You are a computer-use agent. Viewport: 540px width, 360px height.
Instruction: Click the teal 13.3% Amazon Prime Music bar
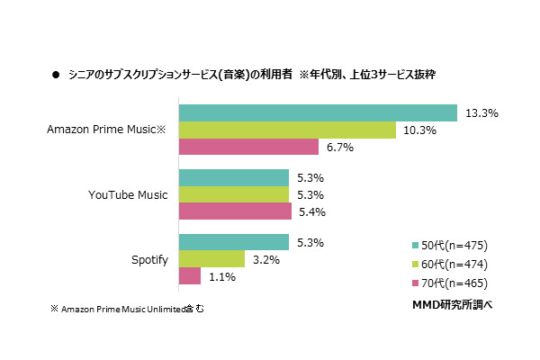tap(318, 112)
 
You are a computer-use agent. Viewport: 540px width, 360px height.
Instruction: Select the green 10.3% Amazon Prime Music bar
tap(287, 130)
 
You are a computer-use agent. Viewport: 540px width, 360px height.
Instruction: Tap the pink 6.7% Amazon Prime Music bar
tap(248, 147)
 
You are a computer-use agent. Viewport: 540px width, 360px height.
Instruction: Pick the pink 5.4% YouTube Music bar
tap(235, 211)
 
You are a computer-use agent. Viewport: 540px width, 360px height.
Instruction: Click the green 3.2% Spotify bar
tap(211, 259)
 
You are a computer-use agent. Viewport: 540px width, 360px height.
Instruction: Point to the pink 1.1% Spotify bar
tap(190, 276)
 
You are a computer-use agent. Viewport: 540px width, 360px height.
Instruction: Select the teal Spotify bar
tap(234, 242)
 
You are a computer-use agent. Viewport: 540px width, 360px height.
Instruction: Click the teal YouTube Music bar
tap(234, 177)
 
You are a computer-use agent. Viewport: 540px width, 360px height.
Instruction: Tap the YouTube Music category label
tap(128, 195)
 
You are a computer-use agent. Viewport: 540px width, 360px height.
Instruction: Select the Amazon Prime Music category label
tap(107, 130)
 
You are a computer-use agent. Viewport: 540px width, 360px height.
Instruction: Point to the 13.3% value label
tap(482, 113)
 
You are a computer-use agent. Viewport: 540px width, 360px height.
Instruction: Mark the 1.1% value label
tap(221, 277)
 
